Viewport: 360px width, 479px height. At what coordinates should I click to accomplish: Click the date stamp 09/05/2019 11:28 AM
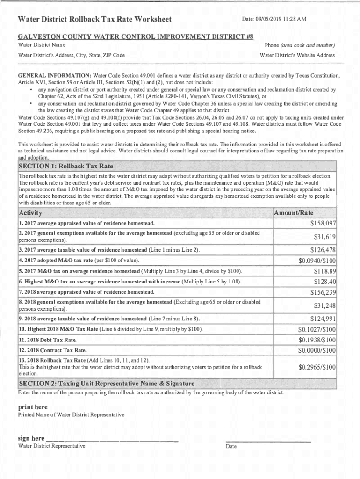tap(274, 19)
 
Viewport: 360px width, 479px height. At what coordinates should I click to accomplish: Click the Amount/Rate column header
tap(294, 213)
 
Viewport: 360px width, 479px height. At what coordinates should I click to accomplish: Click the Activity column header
tap(31, 213)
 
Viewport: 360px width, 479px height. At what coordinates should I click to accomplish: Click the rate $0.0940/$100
tap(317, 261)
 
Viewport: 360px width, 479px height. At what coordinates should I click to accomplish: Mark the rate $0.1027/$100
tap(317, 330)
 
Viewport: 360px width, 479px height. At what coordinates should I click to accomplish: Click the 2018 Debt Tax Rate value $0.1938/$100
tap(317, 340)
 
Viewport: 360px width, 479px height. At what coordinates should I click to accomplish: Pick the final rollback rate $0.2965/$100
tap(317, 367)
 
